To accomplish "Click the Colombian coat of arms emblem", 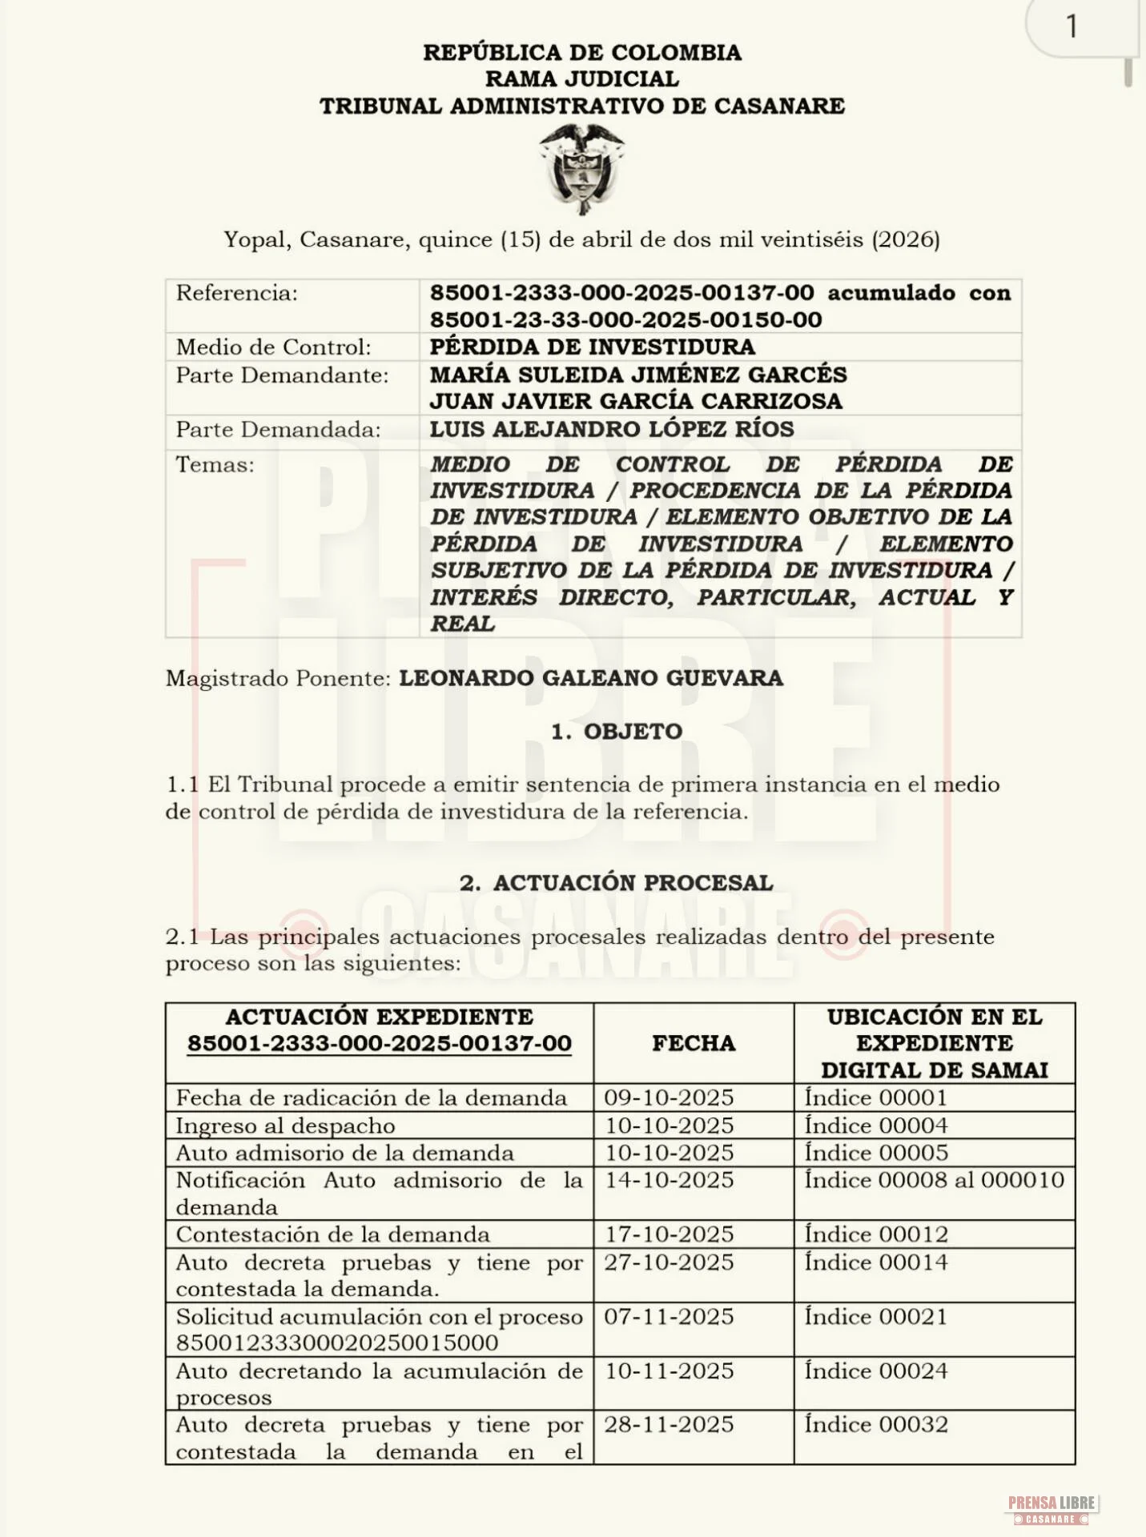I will tap(581, 168).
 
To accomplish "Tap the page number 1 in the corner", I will tap(1072, 27).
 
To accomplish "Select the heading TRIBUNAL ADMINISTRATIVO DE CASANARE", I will tap(582, 106).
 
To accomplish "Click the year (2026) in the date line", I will tap(905, 239).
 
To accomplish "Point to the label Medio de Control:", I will tap(273, 347).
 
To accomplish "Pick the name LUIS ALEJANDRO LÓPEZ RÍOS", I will tap(612, 429).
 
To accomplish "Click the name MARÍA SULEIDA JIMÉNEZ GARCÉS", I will tap(637, 375).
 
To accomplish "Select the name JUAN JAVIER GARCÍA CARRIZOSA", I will tap(636, 401).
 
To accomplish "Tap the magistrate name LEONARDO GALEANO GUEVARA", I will tap(591, 678).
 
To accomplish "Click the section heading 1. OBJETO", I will tap(617, 731).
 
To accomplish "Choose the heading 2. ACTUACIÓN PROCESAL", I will tap(616, 882).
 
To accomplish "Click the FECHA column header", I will tap(694, 1043).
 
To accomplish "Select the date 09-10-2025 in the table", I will tap(669, 1098).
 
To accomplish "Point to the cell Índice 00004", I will tap(876, 1126).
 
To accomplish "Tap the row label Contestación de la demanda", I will tap(332, 1234).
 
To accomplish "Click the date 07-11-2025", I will tap(669, 1316).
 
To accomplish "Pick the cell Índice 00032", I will tap(876, 1424).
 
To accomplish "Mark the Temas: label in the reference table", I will tap(215, 464).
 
